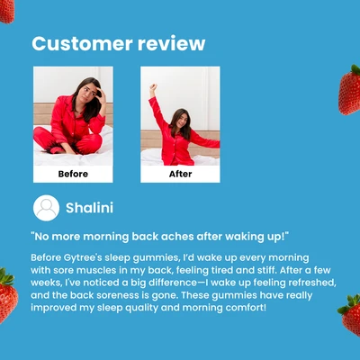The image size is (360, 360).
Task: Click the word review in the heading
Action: pos(170,44)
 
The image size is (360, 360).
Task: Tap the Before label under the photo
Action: pos(73,174)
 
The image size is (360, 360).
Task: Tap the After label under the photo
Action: pos(180,174)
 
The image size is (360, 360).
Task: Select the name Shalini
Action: pos(90,208)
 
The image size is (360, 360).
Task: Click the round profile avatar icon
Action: pos(46,208)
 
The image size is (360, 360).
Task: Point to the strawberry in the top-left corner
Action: pos(6,10)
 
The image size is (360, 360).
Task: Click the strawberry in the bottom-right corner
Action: pos(350,315)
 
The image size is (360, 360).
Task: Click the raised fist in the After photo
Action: pos(153,90)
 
